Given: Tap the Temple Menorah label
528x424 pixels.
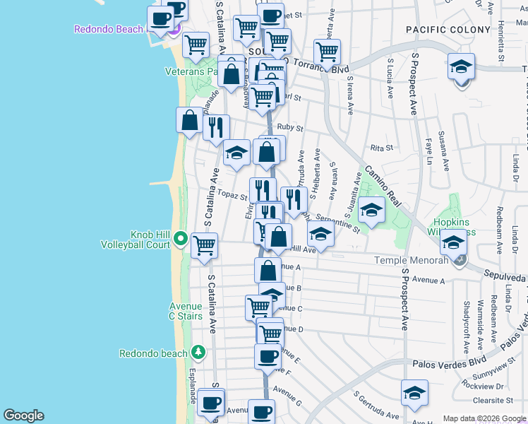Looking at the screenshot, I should click(410, 261).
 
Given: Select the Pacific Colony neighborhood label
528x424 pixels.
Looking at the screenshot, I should click(448, 30).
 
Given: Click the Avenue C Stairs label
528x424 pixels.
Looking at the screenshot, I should click(185, 311).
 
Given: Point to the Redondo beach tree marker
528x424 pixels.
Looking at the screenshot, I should click(198, 351).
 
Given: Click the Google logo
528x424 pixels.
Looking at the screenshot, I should click(23, 416).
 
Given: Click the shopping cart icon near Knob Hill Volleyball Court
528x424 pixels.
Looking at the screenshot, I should click(204, 245).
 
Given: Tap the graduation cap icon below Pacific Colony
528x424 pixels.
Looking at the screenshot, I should click(461, 66).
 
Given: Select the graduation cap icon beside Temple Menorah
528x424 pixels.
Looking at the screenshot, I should click(453, 242).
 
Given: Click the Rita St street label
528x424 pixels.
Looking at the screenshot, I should click(381, 148).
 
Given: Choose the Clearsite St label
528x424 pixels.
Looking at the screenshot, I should click(493, 399).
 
